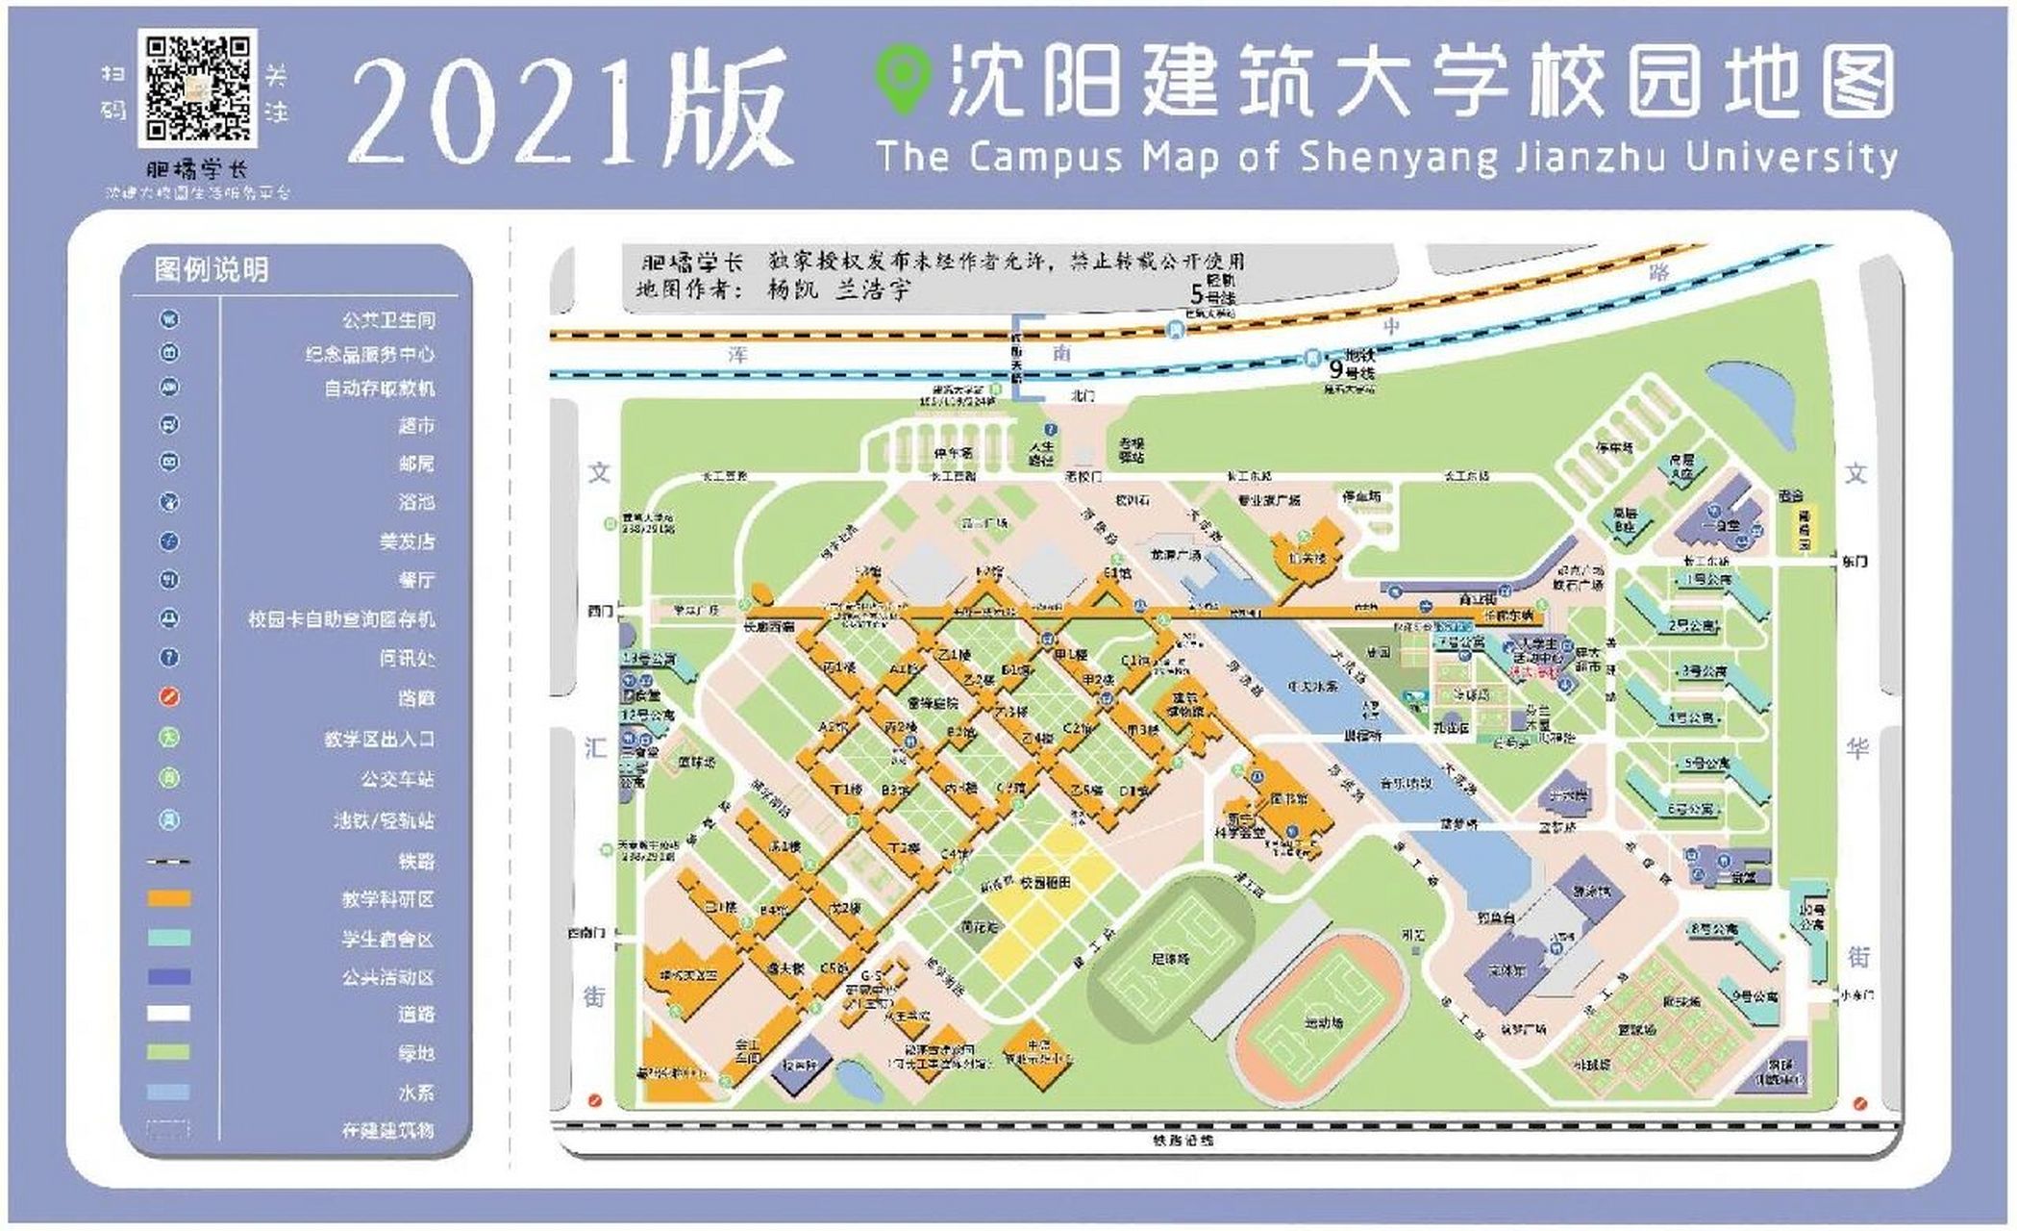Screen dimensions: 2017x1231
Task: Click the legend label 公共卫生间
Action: click(388, 319)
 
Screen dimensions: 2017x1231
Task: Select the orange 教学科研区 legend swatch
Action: click(168, 898)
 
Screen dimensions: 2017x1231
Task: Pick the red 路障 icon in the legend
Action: click(169, 696)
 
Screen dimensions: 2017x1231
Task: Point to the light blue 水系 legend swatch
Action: click(168, 1093)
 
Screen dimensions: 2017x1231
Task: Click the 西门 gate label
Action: click(600, 612)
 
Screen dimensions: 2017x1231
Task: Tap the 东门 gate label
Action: click(1855, 561)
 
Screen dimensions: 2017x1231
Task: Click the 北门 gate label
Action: click(1083, 395)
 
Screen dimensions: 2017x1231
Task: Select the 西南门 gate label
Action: click(586, 933)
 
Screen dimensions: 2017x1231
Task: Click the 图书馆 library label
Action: click(1288, 798)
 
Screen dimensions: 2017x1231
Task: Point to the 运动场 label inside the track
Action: click(1324, 1023)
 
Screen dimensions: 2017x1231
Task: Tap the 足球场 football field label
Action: click(1169, 959)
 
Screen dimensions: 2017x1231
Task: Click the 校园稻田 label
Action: click(1045, 882)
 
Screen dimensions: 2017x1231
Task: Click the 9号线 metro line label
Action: click(1352, 369)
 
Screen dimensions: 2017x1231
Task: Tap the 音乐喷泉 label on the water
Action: click(1406, 783)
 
